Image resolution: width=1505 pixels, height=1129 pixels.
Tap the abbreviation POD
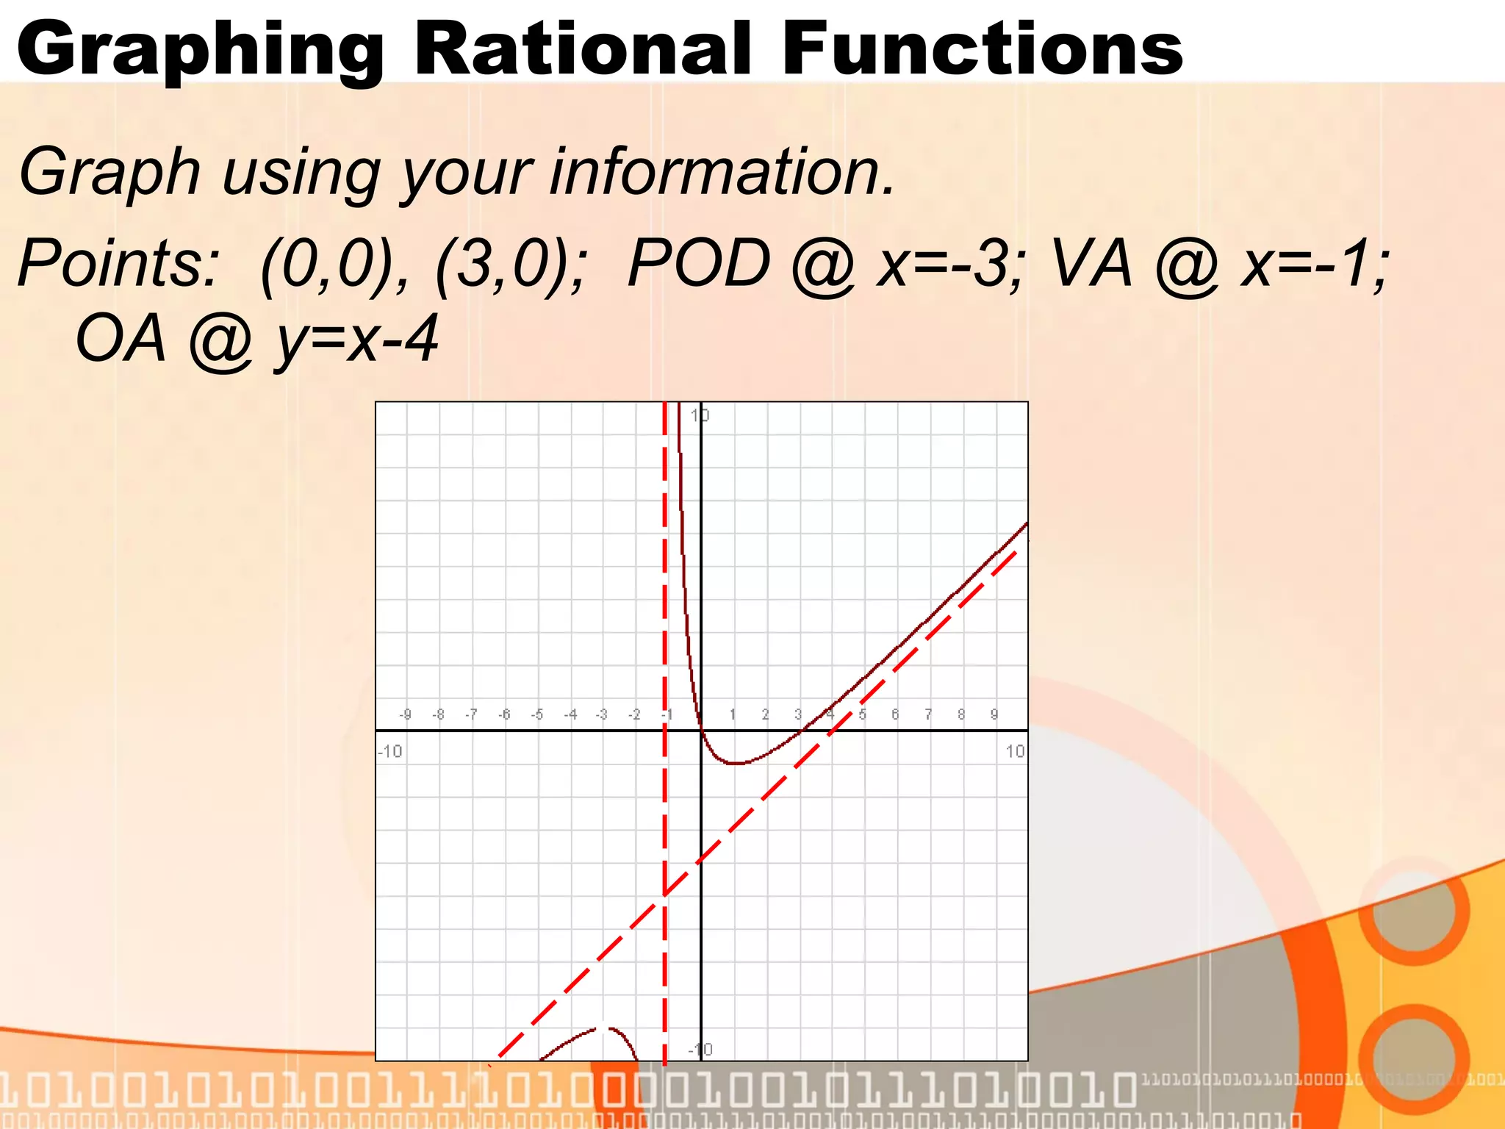click(x=698, y=264)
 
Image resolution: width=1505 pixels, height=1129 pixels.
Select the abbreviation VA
click(x=1092, y=264)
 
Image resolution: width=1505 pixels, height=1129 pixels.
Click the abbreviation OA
click(x=121, y=339)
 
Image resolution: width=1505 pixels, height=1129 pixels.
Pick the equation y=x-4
click(x=357, y=340)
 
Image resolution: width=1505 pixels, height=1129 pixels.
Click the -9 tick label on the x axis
click(x=405, y=714)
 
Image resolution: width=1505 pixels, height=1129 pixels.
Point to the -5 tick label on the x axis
click(x=537, y=714)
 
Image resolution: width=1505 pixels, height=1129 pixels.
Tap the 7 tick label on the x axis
click(x=928, y=714)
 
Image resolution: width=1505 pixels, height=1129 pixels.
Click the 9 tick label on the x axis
click(x=994, y=714)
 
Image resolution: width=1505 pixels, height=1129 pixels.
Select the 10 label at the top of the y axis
click(x=700, y=415)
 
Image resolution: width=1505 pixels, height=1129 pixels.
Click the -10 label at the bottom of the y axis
click(x=700, y=1050)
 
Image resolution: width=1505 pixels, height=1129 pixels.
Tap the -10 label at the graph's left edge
click(x=389, y=751)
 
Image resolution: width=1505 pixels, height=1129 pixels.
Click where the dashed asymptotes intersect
click(x=665, y=895)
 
